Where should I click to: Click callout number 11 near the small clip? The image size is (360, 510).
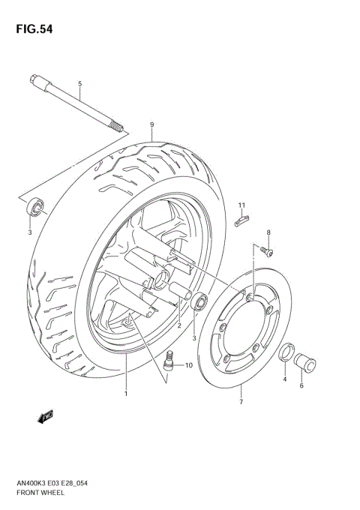(x=242, y=205)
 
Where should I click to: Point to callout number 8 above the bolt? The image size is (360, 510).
(x=268, y=232)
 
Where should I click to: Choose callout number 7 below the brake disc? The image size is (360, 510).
(x=241, y=402)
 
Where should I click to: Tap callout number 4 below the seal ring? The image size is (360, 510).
(x=285, y=380)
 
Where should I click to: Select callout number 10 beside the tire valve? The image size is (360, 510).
(x=189, y=366)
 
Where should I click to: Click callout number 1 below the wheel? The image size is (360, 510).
(x=126, y=393)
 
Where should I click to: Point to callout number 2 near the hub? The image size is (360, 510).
(x=179, y=325)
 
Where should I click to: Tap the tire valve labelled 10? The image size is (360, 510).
(x=169, y=359)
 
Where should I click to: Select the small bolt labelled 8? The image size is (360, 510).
(x=265, y=250)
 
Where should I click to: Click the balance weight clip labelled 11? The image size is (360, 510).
(x=240, y=220)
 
